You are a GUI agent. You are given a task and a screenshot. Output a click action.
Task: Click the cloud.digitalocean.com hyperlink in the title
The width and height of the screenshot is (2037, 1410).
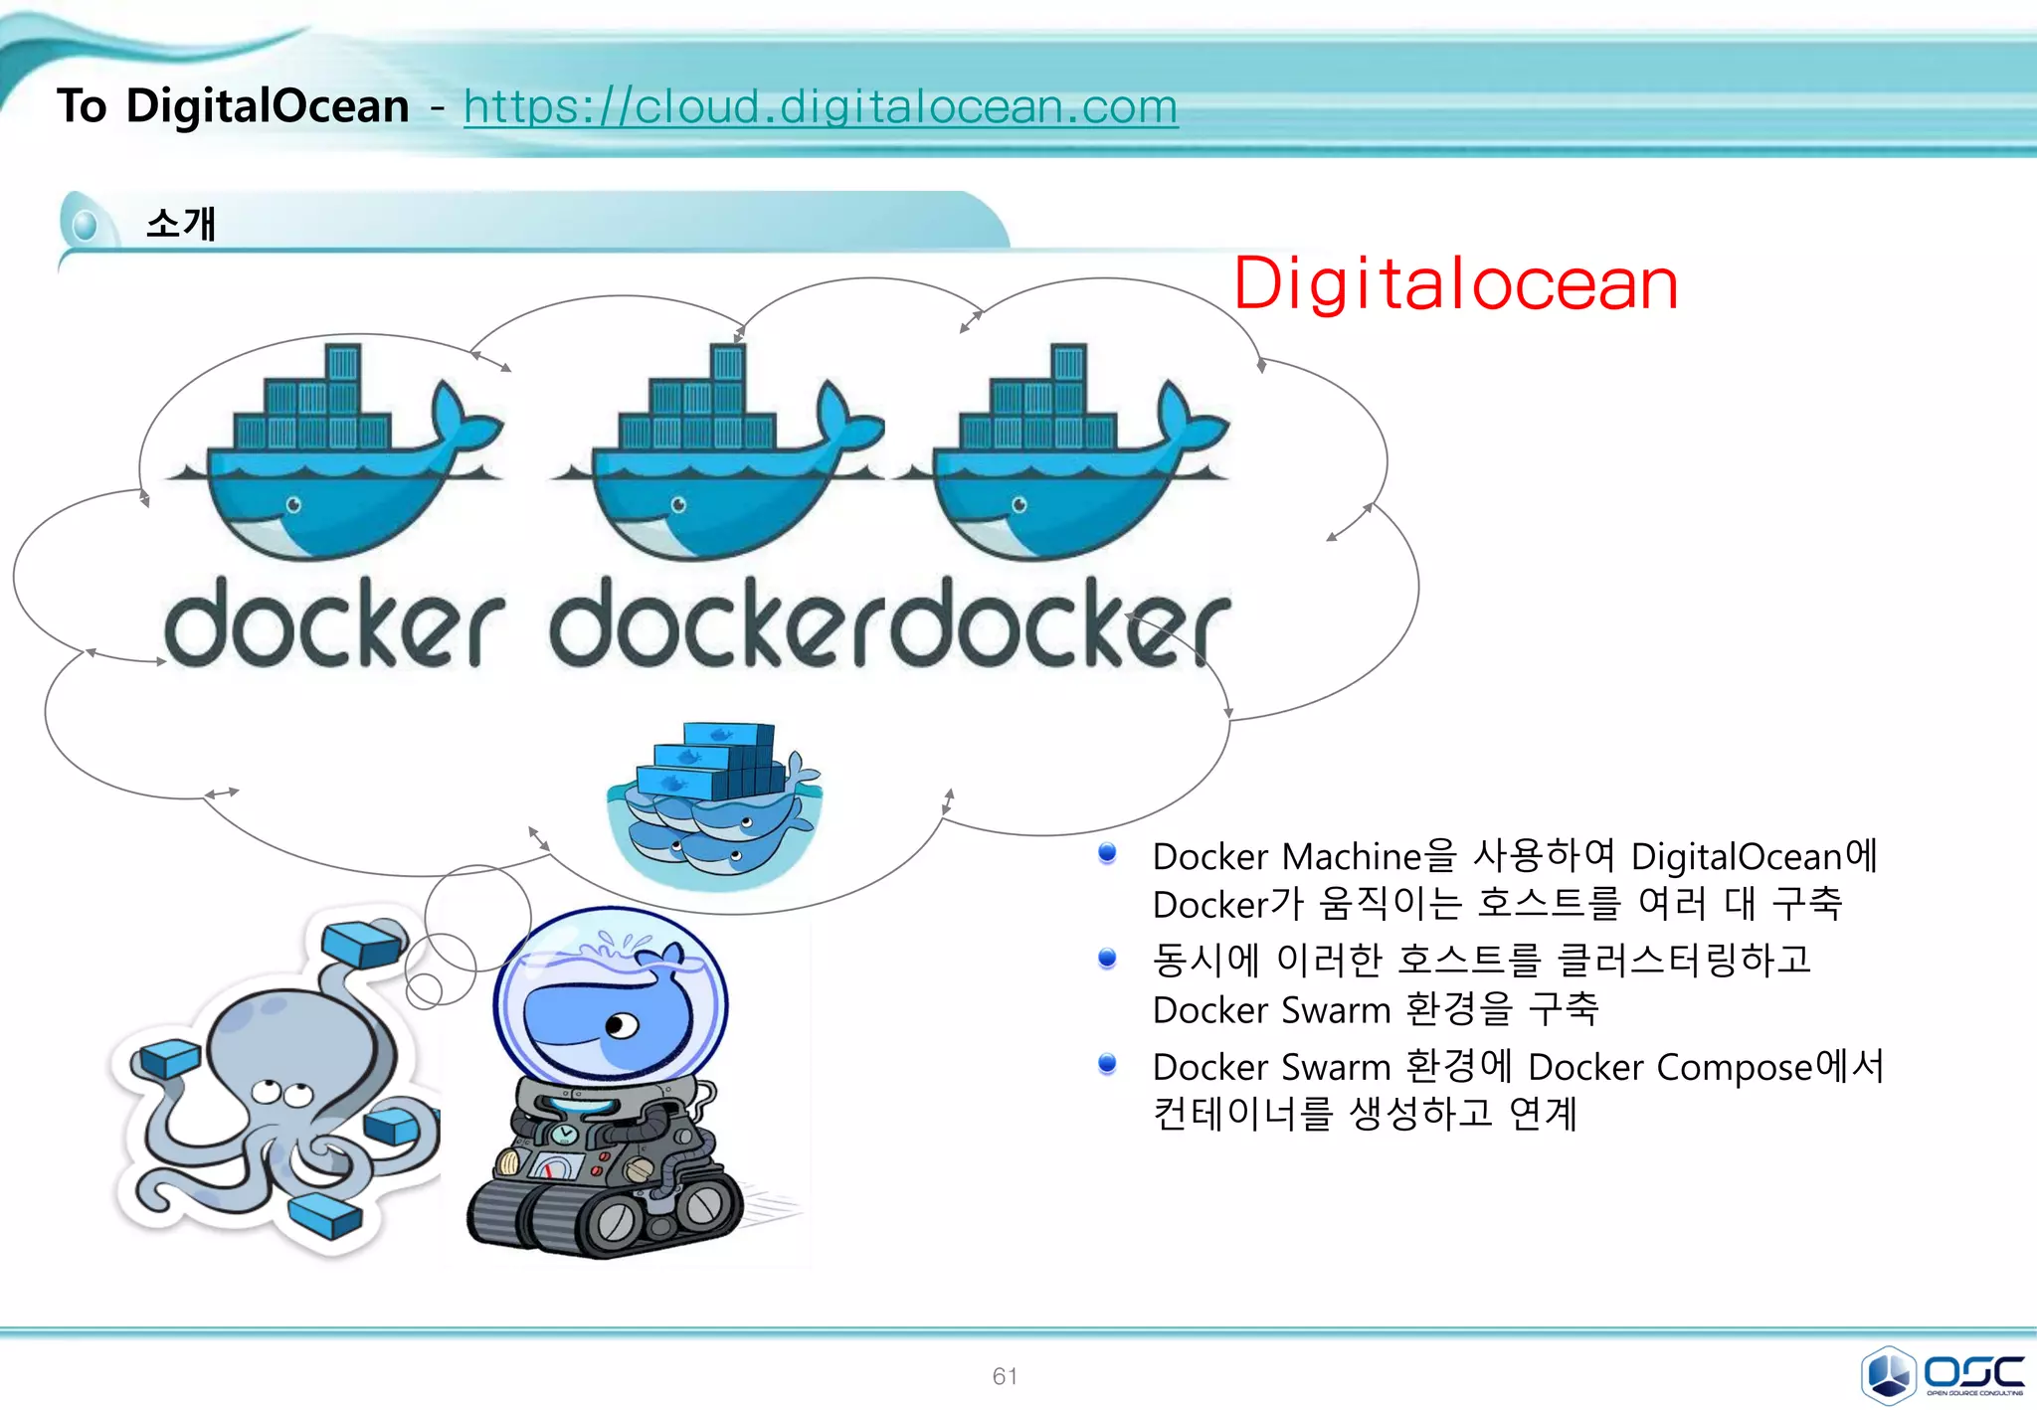pos(820,107)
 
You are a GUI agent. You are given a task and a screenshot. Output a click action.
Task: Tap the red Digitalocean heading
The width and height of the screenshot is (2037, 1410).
pos(1455,284)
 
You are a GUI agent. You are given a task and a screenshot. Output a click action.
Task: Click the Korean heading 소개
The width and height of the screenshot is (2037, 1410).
pos(180,223)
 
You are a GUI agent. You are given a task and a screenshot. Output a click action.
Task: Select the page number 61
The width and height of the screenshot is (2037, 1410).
pos(1005,1376)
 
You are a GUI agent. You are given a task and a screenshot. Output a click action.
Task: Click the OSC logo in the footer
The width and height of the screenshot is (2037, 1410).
pos(1942,1374)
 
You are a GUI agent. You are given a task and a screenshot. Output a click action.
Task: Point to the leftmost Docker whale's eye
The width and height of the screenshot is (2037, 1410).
pos(293,505)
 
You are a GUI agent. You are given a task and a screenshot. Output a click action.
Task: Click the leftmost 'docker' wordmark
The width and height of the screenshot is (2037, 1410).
pos(333,624)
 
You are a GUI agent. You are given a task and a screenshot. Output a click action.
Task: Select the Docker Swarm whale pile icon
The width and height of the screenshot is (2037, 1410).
pos(714,805)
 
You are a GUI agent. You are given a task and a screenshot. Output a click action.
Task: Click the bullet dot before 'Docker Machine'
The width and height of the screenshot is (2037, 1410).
pos(1107,853)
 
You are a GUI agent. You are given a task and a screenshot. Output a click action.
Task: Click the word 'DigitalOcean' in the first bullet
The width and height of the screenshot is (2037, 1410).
pos(1737,856)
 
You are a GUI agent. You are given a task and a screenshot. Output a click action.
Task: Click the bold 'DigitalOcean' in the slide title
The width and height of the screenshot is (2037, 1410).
pos(268,105)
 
